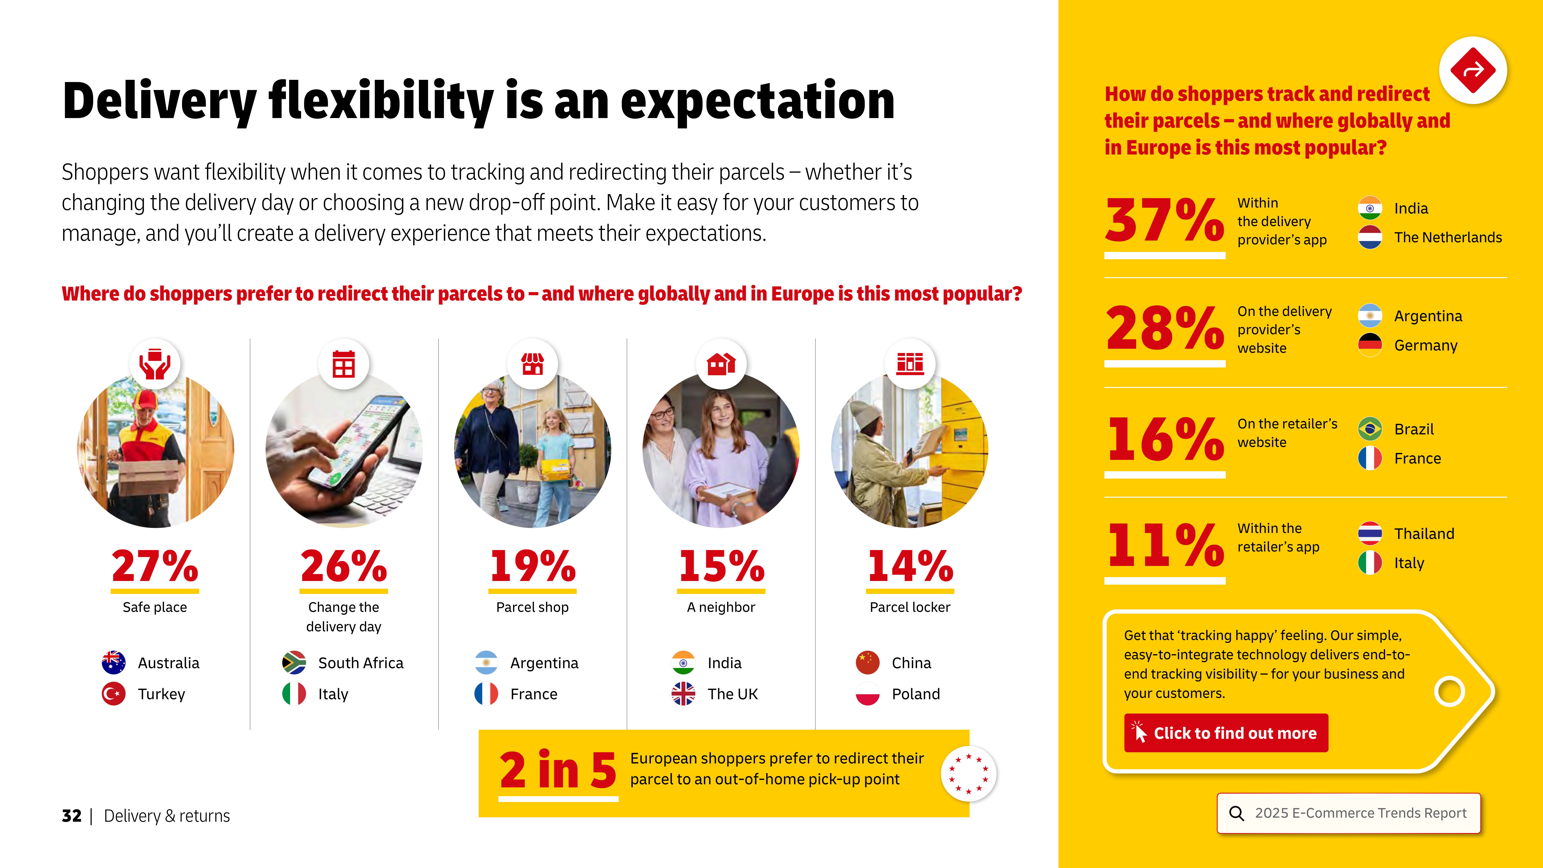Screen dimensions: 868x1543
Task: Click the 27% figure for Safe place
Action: [154, 566]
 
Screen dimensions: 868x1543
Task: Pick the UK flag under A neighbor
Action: [683, 694]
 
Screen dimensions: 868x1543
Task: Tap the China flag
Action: [867, 663]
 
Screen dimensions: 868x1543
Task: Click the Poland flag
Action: [867, 694]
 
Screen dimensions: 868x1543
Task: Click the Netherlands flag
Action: [1370, 237]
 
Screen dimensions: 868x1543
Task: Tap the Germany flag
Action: [1370, 345]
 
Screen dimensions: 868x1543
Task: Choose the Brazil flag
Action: [1370, 429]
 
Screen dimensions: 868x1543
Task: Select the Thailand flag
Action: [1370, 533]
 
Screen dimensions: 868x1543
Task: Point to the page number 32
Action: [71, 816]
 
